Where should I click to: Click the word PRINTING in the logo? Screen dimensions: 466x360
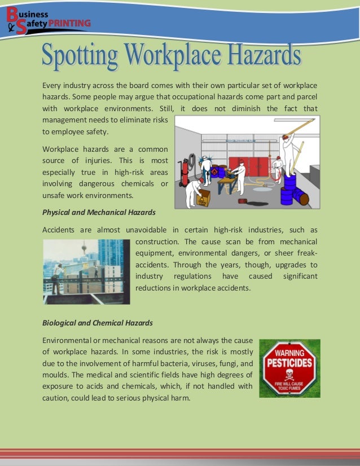click(70, 23)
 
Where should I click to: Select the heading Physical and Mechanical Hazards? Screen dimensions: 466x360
click(99, 212)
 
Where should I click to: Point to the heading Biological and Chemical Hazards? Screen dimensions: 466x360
click(97, 323)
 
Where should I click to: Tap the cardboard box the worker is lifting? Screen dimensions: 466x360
click(204, 197)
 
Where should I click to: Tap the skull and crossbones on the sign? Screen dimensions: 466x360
click(289, 375)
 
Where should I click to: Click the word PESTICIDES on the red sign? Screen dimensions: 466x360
click(289, 361)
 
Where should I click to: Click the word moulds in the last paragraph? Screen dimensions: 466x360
click(56, 375)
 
